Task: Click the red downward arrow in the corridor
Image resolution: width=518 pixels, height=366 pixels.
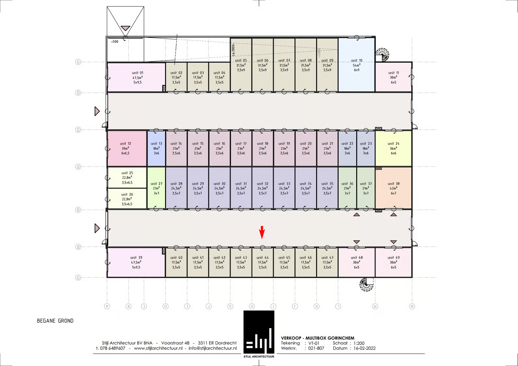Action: point(262,232)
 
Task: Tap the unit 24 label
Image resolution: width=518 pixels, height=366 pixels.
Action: point(394,144)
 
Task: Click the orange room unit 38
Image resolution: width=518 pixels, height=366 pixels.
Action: point(394,188)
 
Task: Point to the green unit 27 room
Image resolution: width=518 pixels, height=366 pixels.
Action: point(156,188)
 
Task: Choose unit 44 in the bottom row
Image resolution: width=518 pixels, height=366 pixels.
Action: point(263,262)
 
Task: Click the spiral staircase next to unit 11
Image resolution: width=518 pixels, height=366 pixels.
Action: point(383,54)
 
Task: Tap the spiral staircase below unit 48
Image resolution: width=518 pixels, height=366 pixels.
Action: point(366,285)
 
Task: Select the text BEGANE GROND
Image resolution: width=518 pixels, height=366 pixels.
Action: point(55,321)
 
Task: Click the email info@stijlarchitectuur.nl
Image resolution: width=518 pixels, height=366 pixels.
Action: point(213,348)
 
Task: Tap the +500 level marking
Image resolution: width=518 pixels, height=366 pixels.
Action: point(115,42)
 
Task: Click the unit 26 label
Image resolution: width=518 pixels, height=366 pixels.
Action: point(127,194)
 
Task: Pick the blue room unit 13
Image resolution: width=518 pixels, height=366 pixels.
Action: point(156,148)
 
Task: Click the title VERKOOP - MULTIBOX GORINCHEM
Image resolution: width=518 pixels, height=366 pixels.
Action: point(318,338)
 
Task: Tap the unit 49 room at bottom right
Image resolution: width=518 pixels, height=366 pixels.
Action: point(394,262)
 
